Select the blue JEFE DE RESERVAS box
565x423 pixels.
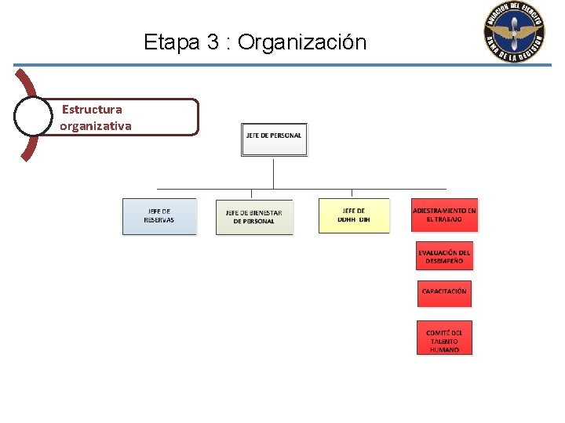(159, 216)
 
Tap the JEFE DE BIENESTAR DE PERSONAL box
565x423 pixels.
(254, 217)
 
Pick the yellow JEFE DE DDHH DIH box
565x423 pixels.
(354, 215)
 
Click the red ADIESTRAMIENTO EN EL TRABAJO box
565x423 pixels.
(444, 215)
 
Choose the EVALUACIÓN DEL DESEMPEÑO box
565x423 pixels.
(444, 256)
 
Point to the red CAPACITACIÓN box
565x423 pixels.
(444, 292)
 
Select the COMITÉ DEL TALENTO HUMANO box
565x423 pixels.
(444, 338)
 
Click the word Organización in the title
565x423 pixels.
(302, 42)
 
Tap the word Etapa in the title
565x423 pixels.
(173, 42)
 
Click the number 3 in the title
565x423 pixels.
(213, 42)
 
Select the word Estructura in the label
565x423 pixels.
(92, 110)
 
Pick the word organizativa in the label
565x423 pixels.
(96, 126)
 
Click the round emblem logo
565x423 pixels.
(514, 32)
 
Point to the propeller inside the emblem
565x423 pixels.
(514, 33)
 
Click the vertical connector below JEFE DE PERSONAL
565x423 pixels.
(273, 172)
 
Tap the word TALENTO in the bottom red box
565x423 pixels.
(444, 341)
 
